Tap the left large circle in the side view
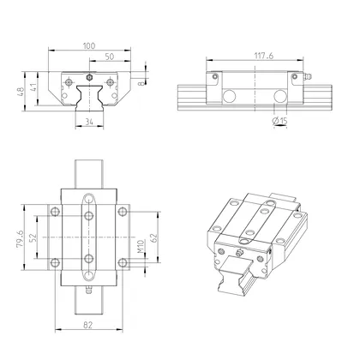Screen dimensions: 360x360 coord(234,95)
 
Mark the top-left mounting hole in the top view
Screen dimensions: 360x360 coord(54,211)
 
